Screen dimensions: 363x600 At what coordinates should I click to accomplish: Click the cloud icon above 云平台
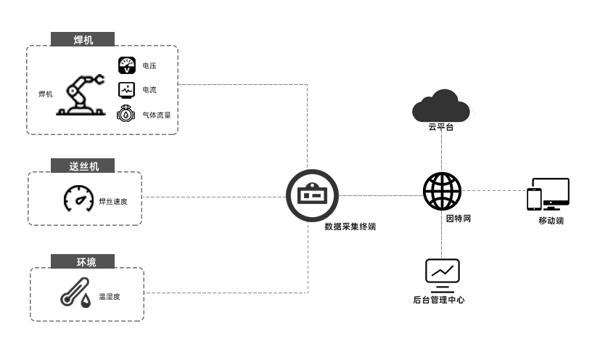click(x=441, y=107)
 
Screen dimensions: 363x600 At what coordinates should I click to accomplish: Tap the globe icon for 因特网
click(x=442, y=191)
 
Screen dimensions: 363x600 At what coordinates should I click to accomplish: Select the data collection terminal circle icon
click(x=313, y=195)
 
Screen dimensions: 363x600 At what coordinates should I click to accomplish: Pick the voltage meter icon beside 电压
click(x=127, y=65)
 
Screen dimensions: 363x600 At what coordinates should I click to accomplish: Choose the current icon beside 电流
click(x=127, y=90)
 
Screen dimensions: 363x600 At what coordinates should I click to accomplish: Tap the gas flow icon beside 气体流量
click(x=127, y=114)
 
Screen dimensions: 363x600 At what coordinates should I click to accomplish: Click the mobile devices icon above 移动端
click(x=548, y=195)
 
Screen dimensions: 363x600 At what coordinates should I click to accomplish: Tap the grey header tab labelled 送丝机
click(x=85, y=166)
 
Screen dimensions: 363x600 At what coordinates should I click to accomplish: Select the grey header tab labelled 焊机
click(x=83, y=39)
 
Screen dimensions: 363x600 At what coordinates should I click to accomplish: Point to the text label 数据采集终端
click(x=350, y=227)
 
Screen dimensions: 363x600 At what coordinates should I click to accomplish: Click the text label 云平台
click(x=441, y=128)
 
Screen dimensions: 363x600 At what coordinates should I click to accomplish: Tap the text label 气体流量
click(x=157, y=115)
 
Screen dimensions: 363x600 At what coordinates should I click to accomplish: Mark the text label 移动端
click(x=551, y=221)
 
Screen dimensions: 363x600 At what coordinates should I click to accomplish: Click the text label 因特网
click(x=459, y=218)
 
